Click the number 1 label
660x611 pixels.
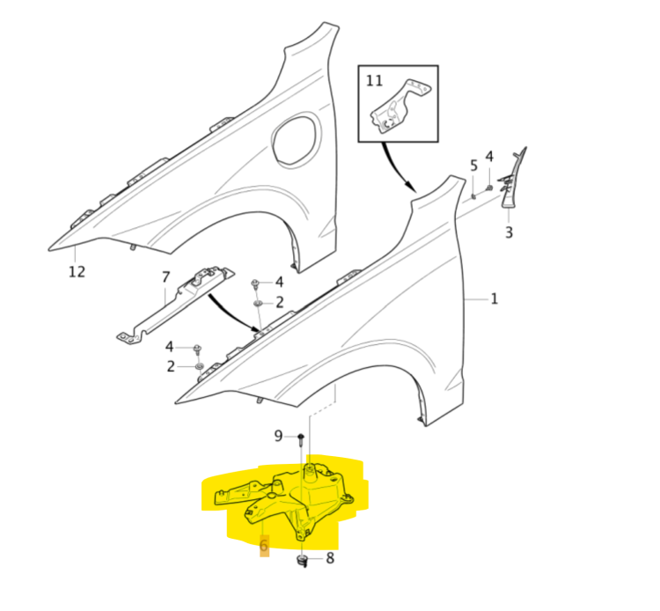coord(495,299)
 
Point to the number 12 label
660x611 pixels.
coord(77,271)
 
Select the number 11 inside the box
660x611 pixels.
coord(375,81)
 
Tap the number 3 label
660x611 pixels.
coord(509,233)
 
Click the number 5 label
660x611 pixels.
coord(473,165)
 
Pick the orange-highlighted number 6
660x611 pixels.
coord(264,547)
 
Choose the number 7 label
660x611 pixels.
coord(165,278)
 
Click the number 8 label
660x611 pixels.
coord(330,557)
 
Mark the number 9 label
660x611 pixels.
coord(278,436)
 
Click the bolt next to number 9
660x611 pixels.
coord(300,438)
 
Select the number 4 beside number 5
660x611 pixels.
coord(489,157)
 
